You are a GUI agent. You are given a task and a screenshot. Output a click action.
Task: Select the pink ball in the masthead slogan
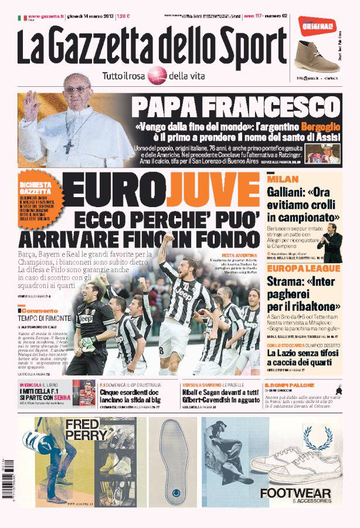pyautogui.click(x=156, y=76)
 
